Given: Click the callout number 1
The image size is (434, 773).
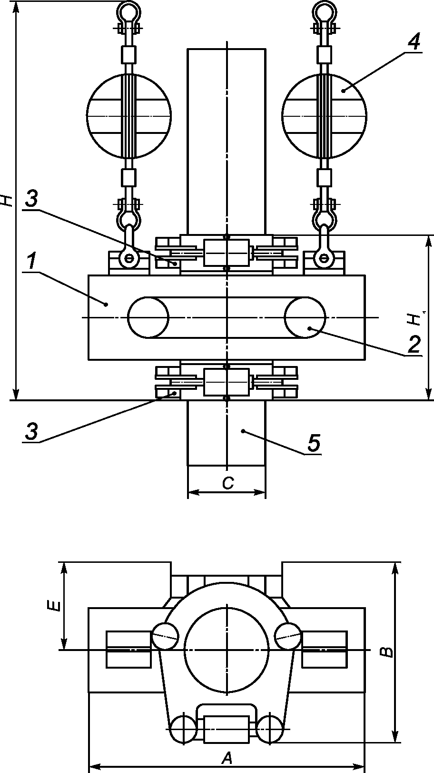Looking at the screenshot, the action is click(31, 261).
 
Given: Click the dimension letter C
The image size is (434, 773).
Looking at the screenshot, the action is click(228, 483).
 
